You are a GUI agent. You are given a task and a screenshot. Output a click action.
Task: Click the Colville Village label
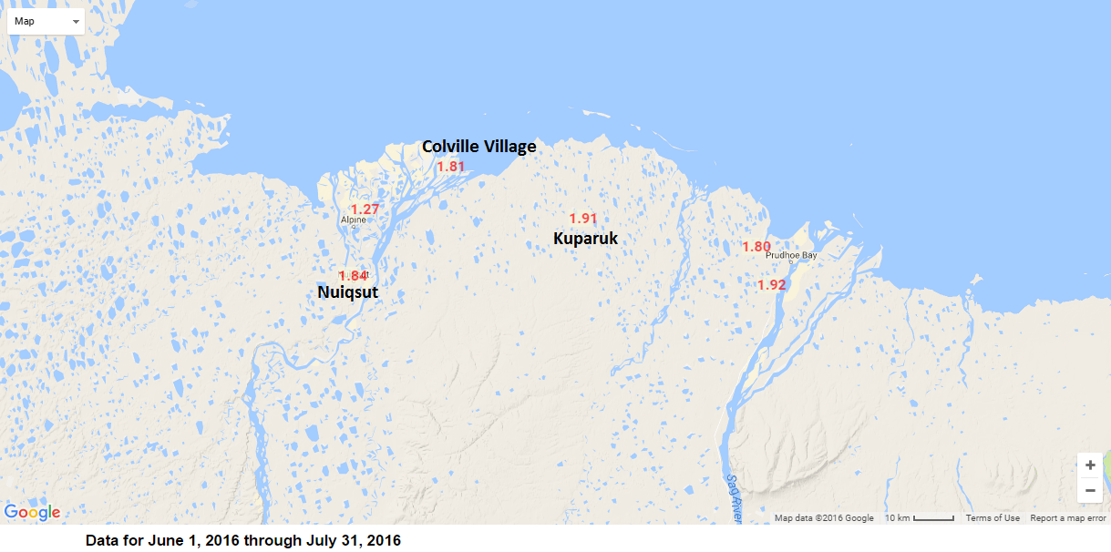(x=478, y=147)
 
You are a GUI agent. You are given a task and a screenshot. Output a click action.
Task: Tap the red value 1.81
(x=451, y=167)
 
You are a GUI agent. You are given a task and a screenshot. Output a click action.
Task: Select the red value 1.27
(x=365, y=210)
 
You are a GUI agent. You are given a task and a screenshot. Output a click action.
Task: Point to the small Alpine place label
(x=354, y=220)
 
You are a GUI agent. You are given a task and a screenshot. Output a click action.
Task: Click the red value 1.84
(x=353, y=275)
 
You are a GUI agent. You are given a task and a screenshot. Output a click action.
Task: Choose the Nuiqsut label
(x=347, y=292)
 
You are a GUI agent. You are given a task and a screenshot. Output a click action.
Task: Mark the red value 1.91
(x=582, y=219)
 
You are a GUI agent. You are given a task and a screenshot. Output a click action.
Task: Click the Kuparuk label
(x=585, y=239)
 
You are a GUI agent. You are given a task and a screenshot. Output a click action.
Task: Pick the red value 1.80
(x=756, y=247)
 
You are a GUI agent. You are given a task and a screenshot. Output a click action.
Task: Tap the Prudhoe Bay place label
(x=791, y=255)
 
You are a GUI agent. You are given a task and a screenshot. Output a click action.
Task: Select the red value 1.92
(x=771, y=285)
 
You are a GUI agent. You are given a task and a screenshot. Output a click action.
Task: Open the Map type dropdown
(x=46, y=21)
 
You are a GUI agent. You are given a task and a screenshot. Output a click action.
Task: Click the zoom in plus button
(x=1090, y=465)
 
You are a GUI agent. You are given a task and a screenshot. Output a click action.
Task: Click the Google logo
(x=33, y=512)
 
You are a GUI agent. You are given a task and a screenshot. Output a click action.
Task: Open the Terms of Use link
(x=993, y=518)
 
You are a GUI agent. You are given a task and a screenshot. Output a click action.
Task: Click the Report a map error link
(x=1068, y=518)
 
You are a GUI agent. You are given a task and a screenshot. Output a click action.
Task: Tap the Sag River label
(x=734, y=496)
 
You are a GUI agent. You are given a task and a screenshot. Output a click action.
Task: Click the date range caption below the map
(x=243, y=540)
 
